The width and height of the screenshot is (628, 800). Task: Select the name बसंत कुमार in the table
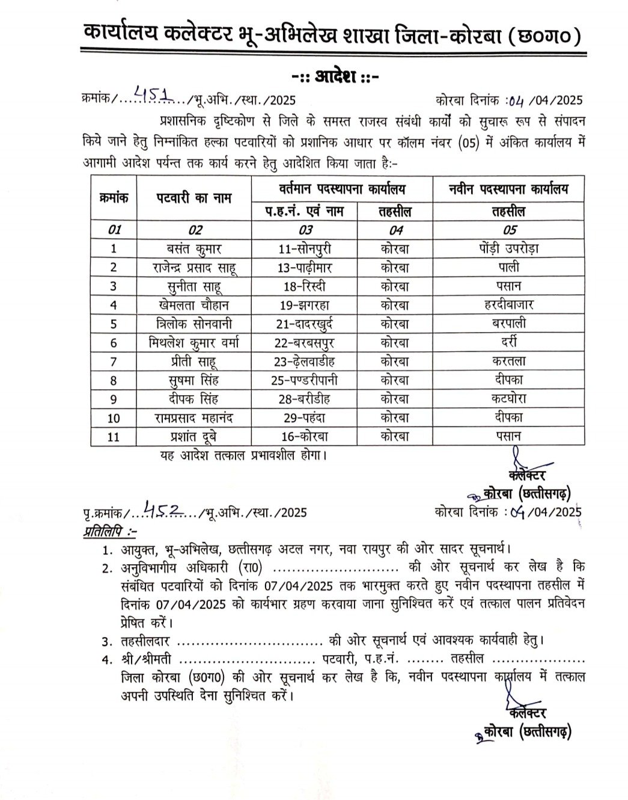(195, 248)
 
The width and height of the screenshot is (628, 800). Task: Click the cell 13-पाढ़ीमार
(305, 267)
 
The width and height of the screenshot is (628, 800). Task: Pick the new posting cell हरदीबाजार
(508, 305)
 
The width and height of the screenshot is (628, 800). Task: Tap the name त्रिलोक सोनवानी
(195, 324)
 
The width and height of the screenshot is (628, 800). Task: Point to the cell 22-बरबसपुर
(305, 342)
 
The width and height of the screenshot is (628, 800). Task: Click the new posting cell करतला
(508, 361)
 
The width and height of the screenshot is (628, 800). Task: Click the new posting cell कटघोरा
(508, 399)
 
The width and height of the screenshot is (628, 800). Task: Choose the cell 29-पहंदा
(305, 417)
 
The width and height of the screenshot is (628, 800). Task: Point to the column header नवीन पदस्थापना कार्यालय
(508, 189)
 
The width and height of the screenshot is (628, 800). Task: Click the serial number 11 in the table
(114, 437)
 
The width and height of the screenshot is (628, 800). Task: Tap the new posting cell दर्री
(508, 342)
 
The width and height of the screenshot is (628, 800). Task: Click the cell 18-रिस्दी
(305, 286)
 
